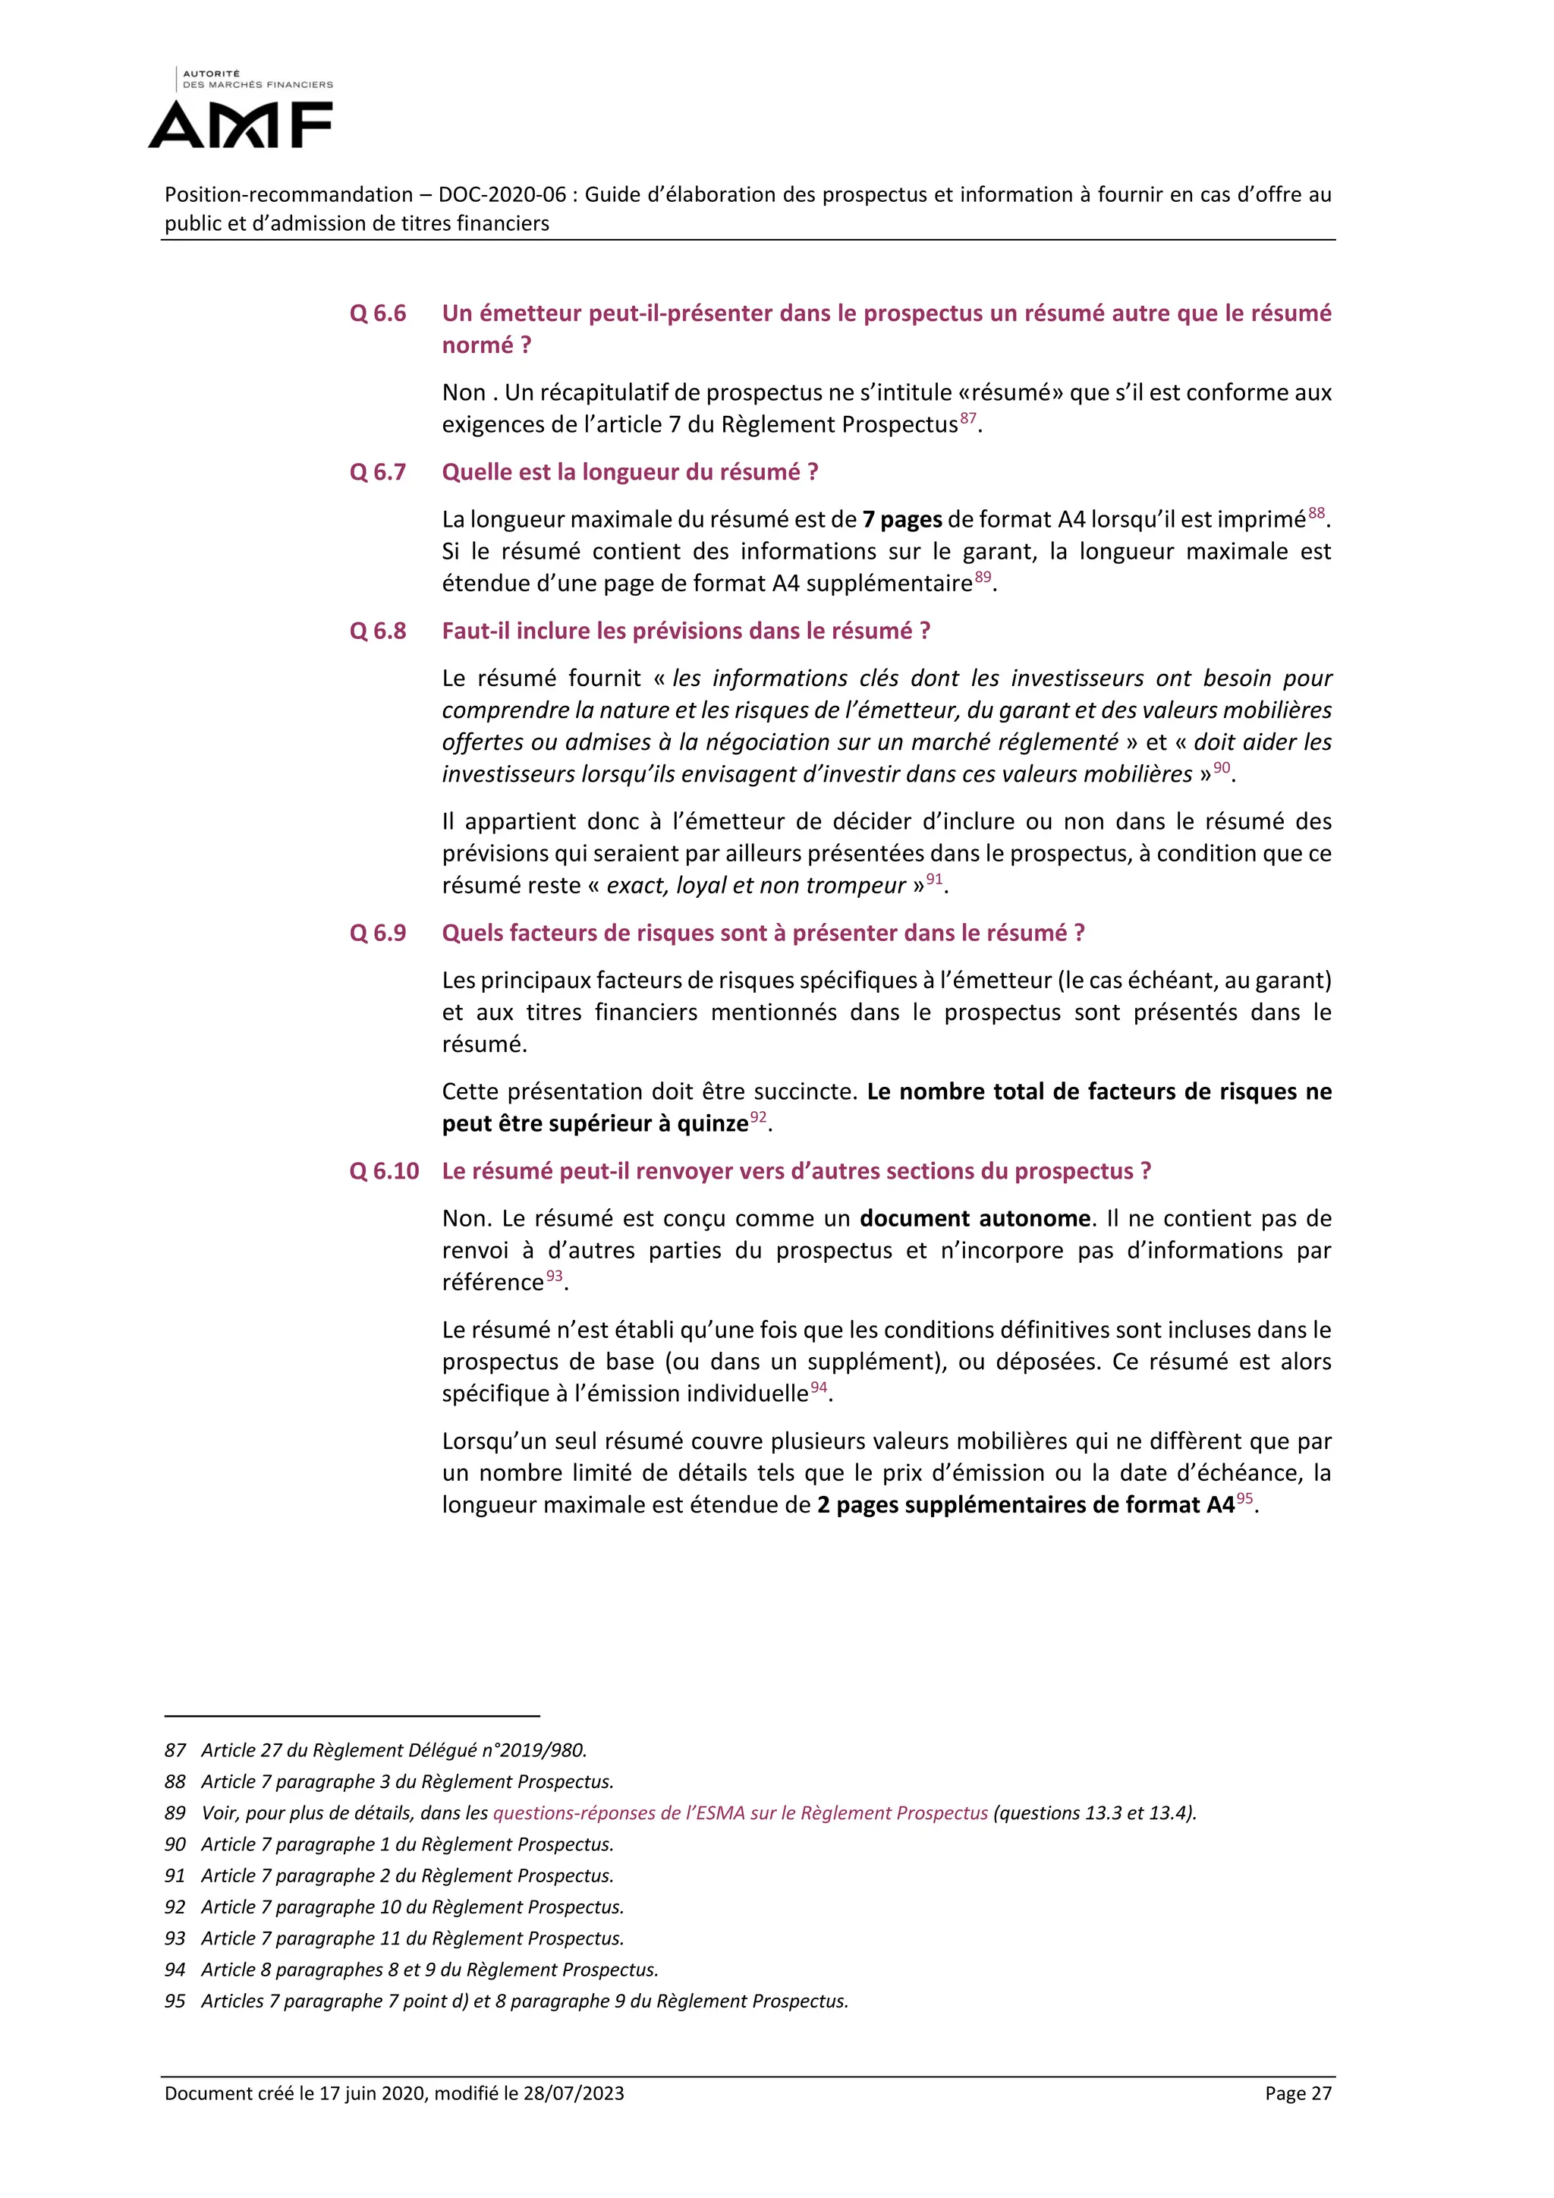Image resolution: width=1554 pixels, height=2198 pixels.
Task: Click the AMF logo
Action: [241, 110]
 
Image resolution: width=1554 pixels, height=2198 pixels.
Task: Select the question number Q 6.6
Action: [378, 313]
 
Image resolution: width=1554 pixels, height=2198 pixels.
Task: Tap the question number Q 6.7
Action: [378, 472]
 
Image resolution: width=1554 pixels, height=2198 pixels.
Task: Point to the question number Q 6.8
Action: [378, 631]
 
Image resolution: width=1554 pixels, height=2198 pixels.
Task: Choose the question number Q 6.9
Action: [378, 934]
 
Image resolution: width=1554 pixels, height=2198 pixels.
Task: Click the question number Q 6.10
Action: [384, 1171]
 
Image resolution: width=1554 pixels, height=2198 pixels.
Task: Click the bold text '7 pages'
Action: [902, 520]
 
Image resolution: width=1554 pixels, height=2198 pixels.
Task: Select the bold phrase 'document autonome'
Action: [975, 1219]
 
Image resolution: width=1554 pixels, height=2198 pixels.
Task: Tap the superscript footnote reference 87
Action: [968, 418]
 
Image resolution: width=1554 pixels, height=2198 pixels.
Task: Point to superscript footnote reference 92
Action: [758, 1117]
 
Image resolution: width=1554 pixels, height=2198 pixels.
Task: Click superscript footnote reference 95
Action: [1244, 1498]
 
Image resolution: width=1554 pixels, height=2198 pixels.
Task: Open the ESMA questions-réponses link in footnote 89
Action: [740, 1813]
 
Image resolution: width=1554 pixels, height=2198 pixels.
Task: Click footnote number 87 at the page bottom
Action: [175, 1750]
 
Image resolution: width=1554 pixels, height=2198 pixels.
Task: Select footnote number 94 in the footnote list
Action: [175, 1970]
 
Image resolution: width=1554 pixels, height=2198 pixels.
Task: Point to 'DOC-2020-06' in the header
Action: [502, 195]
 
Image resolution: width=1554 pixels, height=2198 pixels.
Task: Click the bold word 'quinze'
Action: [713, 1124]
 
